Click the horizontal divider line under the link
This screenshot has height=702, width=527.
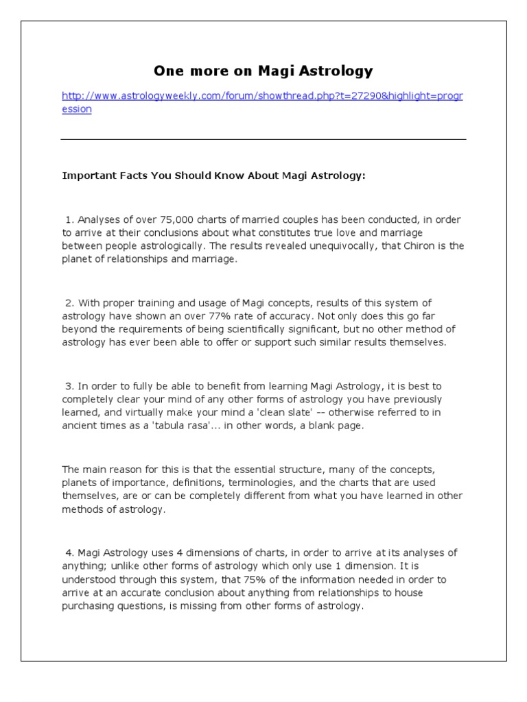263,139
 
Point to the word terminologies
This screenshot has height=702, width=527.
256,483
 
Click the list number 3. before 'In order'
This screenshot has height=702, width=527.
69,386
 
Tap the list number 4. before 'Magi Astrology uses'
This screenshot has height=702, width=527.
69,553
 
